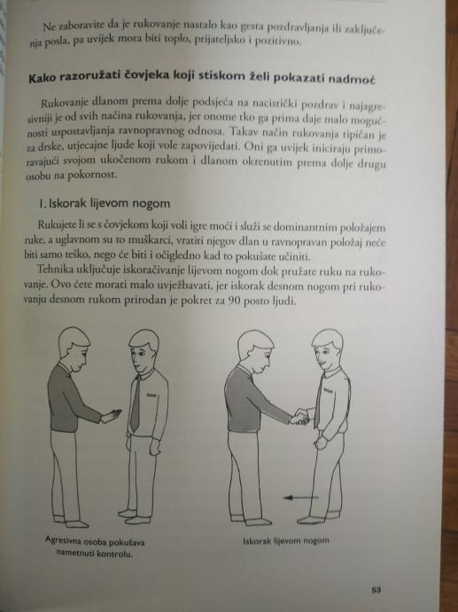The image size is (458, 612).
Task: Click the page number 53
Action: [376, 590]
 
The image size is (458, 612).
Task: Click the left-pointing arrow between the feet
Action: [300, 498]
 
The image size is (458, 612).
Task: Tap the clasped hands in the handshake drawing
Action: [299, 417]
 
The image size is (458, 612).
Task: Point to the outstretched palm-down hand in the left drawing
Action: [112, 416]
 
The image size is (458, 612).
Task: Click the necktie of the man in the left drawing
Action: [136, 403]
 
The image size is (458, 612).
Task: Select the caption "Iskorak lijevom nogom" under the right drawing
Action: [286, 541]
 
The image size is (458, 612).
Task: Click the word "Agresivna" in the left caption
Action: [61, 541]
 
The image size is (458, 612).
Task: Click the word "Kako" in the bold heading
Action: [42, 78]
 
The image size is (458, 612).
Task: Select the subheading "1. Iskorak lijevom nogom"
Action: [105, 203]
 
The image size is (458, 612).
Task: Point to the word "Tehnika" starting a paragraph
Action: [52, 270]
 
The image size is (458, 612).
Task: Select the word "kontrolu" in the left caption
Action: [115, 553]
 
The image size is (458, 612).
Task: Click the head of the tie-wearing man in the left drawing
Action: [143, 351]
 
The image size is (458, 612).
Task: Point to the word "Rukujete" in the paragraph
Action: [54, 226]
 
